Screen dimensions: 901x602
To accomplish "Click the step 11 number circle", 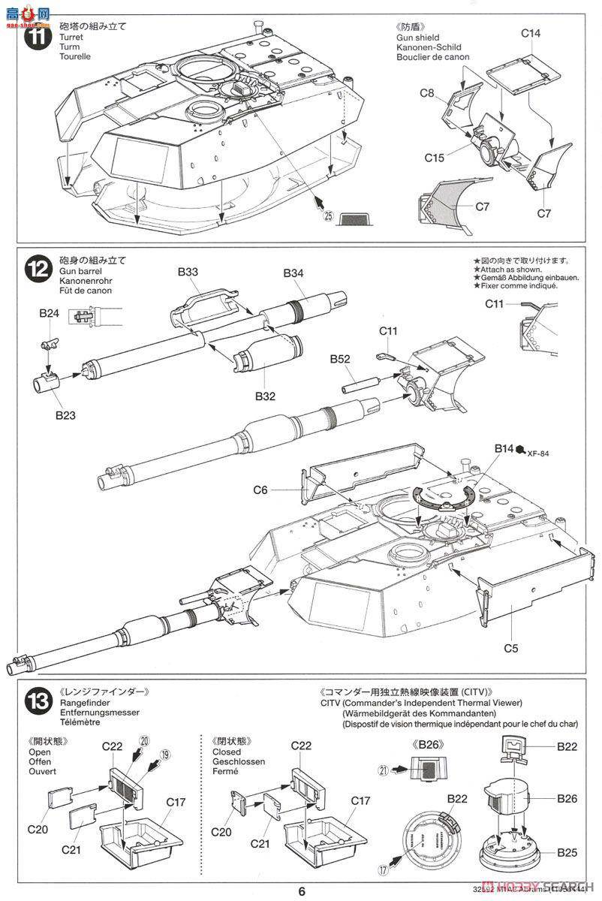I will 35,37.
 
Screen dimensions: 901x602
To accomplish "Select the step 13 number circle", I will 35,704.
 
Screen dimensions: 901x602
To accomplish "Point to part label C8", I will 427,93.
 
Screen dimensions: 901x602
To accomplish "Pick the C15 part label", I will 434,158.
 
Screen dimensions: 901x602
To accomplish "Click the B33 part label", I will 188,273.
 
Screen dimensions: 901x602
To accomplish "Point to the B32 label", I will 266,395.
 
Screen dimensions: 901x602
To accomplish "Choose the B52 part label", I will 340,360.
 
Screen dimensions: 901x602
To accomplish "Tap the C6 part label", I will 260,490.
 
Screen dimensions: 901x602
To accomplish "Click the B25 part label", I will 567,852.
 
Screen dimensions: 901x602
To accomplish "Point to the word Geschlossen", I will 237,761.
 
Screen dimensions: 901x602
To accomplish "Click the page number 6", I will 301,891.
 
